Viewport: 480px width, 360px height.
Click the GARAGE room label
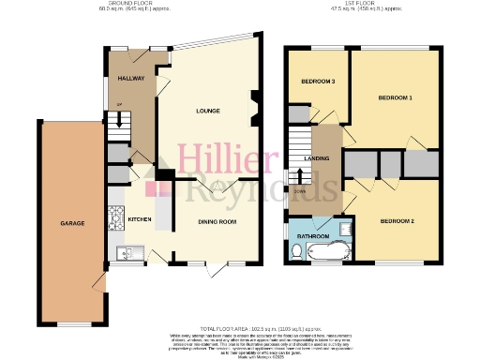[72, 223]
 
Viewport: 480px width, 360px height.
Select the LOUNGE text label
[208, 112]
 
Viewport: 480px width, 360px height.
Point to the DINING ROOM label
[216, 222]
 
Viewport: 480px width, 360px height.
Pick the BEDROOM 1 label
[395, 97]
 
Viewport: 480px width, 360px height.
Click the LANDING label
[324, 159]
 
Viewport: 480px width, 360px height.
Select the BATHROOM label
[312, 236]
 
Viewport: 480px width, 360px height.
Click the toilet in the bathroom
[296, 251]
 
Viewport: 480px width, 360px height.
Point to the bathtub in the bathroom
[327, 252]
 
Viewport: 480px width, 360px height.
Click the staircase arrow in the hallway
[119, 120]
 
